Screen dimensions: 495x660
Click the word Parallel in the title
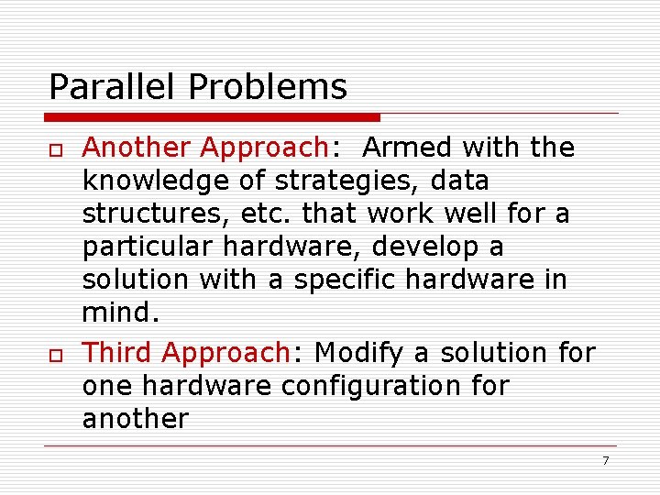pyautogui.click(x=114, y=87)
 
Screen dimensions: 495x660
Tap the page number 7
pyautogui.click(x=605, y=460)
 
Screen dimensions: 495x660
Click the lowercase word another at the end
pyautogui.click(x=136, y=420)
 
